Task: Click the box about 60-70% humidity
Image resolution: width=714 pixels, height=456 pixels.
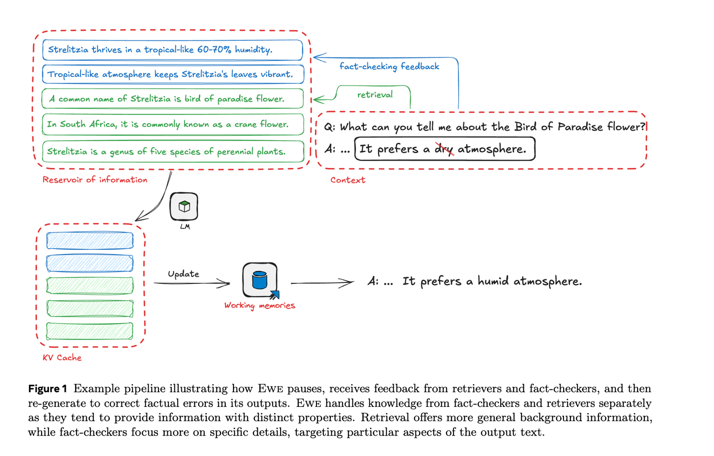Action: (172, 50)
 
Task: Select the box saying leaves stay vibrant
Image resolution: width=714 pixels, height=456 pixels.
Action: (173, 74)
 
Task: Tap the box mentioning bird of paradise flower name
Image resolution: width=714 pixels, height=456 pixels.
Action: (172, 99)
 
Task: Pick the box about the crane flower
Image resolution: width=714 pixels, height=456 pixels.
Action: (173, 124)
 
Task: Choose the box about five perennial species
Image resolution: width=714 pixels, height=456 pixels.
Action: (173, 151)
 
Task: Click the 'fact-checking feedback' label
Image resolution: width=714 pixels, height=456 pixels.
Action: (389, 66)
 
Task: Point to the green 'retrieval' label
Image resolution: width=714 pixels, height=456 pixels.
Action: (375, 95)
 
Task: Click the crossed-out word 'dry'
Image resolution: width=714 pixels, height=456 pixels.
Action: (444, 149)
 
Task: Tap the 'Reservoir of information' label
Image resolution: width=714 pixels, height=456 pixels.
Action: (95, 180)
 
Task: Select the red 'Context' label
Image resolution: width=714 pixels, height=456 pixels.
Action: (348, 180)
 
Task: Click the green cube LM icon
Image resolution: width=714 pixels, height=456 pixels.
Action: (184, 207)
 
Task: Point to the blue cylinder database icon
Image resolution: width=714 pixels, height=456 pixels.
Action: (259, 280)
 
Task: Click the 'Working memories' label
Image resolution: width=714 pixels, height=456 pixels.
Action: (260, 306)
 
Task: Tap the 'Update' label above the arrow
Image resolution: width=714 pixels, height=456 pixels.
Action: (183, 274)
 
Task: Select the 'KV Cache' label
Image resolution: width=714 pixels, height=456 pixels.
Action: (62, 357)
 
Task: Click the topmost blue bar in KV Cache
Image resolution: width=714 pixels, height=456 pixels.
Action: (90, 240)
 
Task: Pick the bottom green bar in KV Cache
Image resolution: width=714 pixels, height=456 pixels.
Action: (90, 331)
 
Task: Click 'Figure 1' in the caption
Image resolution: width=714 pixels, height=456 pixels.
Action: (47, 389)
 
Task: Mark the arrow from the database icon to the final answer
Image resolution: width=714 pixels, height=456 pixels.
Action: (322, 282)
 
